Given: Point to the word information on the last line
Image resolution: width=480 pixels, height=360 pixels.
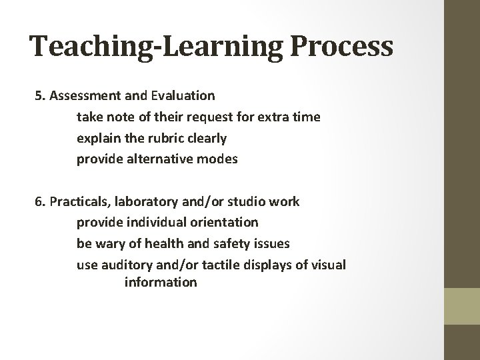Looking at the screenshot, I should [160, 282].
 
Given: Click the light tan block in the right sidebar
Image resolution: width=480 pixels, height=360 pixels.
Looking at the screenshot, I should [463, 306].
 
